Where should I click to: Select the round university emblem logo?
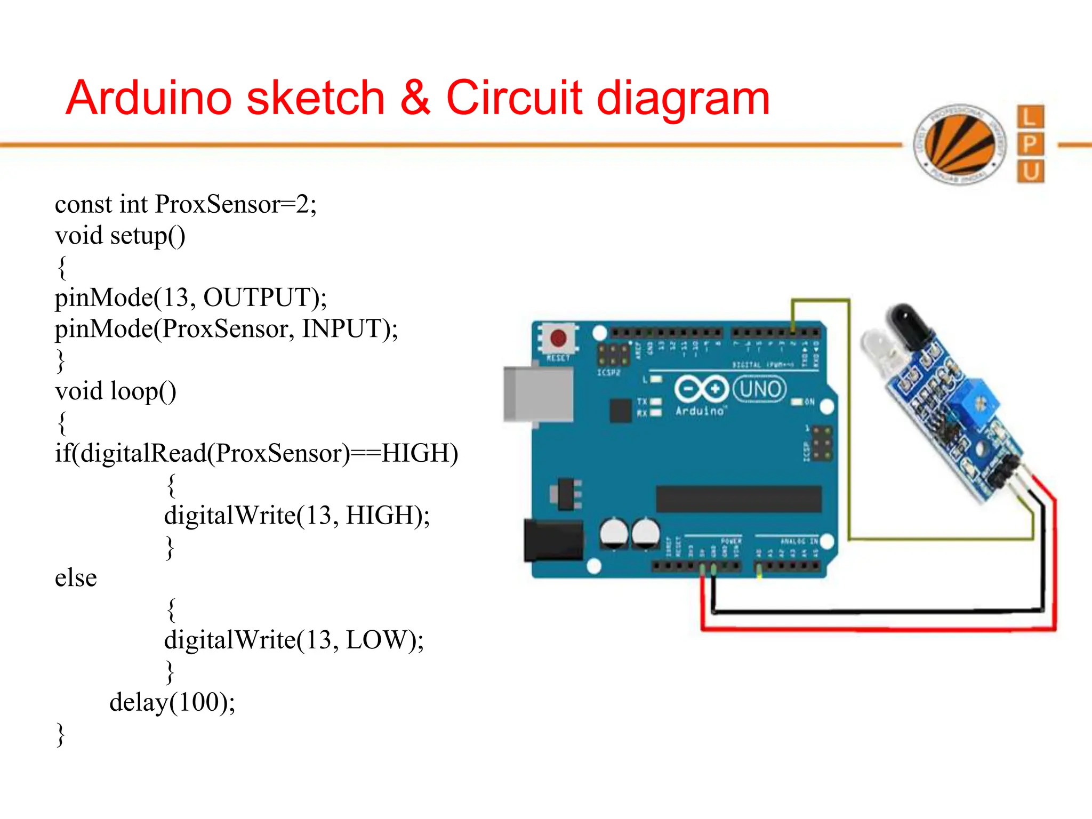(960, 144)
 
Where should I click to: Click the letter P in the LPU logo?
(1030, 144)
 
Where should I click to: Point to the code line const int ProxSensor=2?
(186, 204)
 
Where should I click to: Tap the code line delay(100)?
(172, 702)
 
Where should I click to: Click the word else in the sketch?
(76, 578)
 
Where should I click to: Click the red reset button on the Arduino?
(558, 338)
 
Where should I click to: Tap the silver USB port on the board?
(537, 395)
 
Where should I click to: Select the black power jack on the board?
(552, 540)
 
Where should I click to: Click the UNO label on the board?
(759, 389)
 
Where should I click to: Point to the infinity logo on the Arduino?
(701, 389)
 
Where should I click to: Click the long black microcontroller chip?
(738, 499)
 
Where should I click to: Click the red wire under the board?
(874, 630)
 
